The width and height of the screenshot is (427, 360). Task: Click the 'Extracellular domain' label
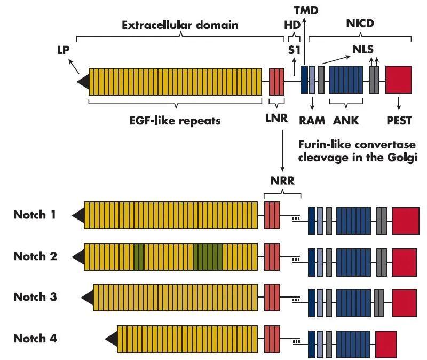tap(180, 25)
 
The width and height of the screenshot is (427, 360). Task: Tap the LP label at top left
tap(64, 49)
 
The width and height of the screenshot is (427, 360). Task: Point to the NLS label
tap(363, 49)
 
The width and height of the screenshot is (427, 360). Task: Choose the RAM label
tap(312, 121)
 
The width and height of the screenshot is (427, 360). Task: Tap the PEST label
tap(399, 121)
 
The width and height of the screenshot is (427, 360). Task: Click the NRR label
tap(282, 181)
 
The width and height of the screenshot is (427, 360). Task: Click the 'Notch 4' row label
tap(35, 338)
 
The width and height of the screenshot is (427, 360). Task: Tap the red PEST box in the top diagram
tap(399, 81)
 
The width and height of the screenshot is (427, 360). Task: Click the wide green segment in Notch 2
tap(207, 256)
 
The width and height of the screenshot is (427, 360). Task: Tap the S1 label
tap(293, 50)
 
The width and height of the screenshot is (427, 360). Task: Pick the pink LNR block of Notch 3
tap(272, 297)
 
